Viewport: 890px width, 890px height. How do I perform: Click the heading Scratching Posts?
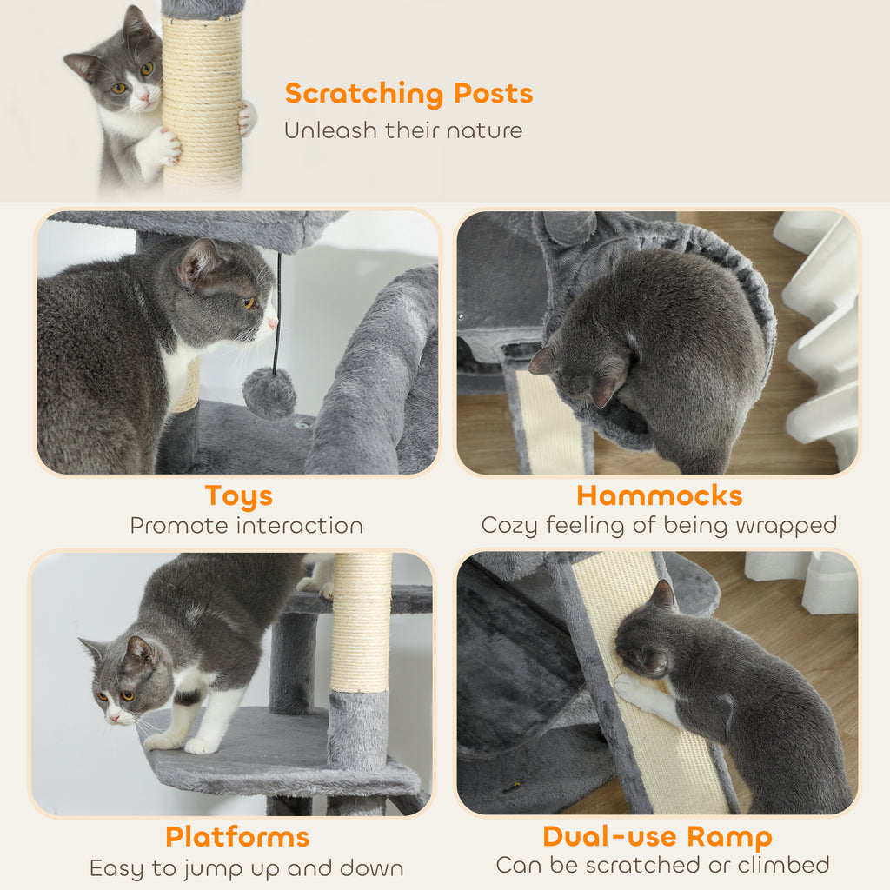[x=408, y=93]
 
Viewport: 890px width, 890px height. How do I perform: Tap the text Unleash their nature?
[x=403, y=131]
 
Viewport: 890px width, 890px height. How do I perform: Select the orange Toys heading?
[x=238, y=495]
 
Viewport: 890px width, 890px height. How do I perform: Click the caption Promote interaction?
[x=246, y=526]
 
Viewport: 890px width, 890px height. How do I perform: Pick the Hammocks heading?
[x=659, y=495]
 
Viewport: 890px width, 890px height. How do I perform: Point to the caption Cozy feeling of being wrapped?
[x=659, y=526]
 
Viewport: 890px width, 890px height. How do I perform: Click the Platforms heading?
[x=237, y=837]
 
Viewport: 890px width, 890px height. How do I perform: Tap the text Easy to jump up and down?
[x=246, y=868]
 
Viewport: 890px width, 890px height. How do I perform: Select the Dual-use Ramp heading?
[x=657, y=837]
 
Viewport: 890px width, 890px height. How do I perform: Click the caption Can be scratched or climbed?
[x=662, y=865]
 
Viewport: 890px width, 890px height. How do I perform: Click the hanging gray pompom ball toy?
[x=269, y=393]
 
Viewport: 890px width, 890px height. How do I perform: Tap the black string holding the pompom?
[x=277, y=313]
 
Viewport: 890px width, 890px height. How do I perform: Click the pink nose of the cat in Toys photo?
[x=273, y=323]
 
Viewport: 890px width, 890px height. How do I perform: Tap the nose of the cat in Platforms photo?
[x=111, y=717]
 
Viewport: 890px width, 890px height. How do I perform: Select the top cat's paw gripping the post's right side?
[x=248, y=118]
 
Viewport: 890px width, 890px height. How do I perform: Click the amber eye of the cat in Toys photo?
[x=249, y=302]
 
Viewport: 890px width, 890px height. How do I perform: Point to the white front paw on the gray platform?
[x=201, y=745]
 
